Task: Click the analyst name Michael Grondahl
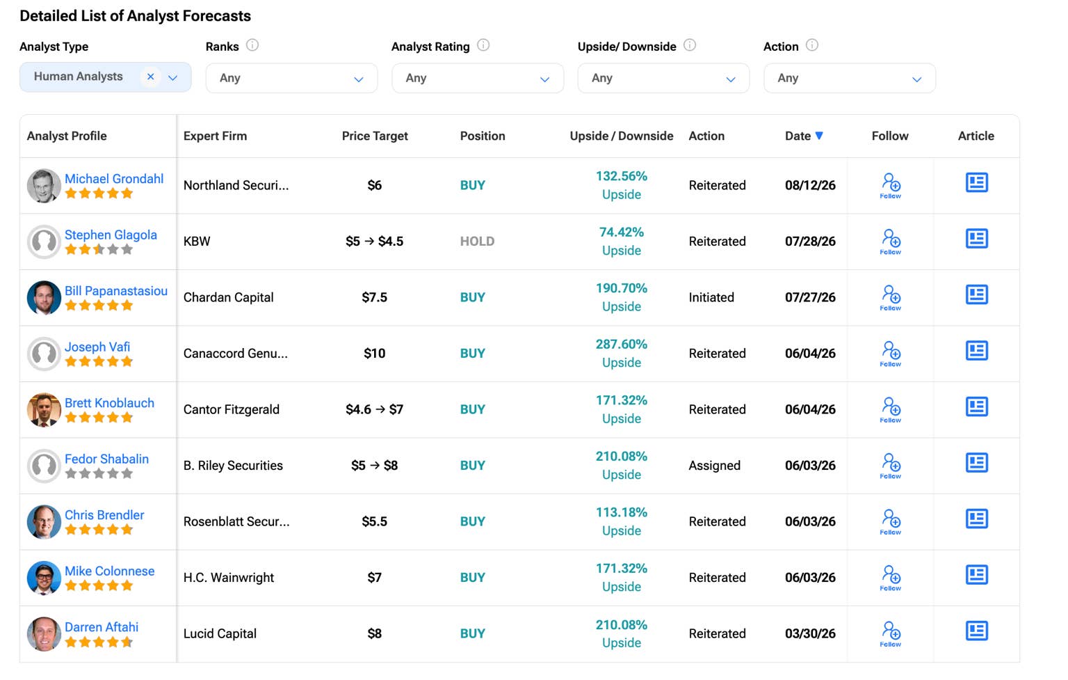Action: [114, 179]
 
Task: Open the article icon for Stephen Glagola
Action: [976, 239]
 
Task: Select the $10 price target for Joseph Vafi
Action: [374, 354]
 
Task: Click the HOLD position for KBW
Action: [477, 242]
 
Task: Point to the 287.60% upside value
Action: [621, 344]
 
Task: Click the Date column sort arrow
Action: [819, 136]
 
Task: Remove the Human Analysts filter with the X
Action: [151, 77]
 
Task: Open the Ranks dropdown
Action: [291, 78]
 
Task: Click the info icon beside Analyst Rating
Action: [483, 45]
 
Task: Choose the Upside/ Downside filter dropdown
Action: [663, 78]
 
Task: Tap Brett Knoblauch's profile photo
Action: [44, 410]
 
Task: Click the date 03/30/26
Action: [810, 633]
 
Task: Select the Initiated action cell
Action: [711, 298]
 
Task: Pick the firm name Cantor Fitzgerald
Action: [232, 410]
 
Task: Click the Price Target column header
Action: [375, 136]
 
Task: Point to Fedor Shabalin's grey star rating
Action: [99, 473]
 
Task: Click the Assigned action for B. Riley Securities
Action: [714, 466]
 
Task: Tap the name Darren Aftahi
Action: [102, 627]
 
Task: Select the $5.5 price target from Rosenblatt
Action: [374, 521]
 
